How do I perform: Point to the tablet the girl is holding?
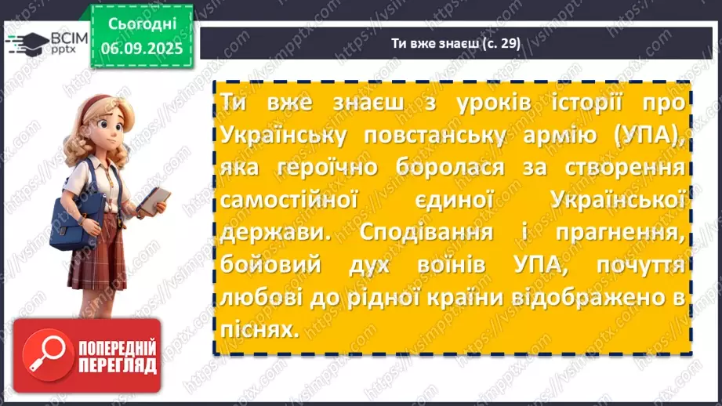(x=153, y=201)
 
